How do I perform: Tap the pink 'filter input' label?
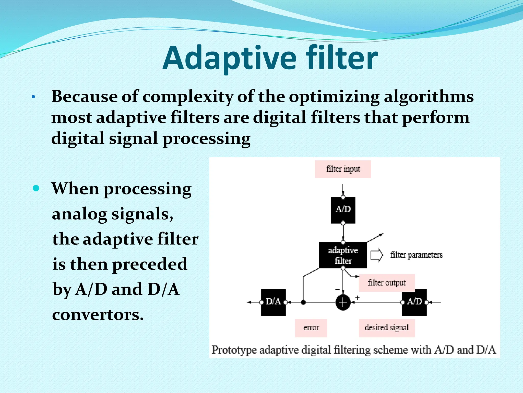[x=343, y=169]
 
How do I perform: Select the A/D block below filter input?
[x=343, y=210]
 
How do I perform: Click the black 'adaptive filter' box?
[x=343, y=255]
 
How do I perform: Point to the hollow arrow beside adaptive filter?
[x=377, y=255]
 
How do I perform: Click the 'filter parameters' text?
[x=416, y=255]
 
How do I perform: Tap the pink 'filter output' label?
[x=386, y=283]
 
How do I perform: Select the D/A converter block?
[x=273, y=302]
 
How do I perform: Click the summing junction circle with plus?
[x=343, y=302]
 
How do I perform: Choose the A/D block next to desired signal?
[x=414, y=302]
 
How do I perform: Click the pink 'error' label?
[x=311, y=328]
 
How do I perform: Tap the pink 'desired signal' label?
[x=386, y=328]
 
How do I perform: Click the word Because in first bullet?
[x=84, y=97]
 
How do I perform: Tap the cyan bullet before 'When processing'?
[x=36, y=189]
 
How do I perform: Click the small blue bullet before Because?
[x=33, y=97]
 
